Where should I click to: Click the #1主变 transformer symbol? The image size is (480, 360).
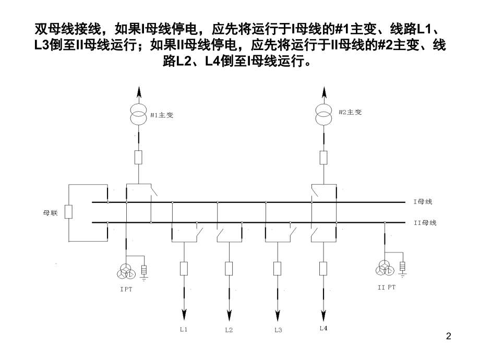139,114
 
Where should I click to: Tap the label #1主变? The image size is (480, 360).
162,115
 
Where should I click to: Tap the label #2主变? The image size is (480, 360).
350,112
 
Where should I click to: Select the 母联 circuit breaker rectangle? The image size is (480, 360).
68,212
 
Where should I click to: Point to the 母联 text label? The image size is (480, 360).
50,213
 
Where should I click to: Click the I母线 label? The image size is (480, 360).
423,202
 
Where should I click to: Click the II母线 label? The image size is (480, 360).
425,223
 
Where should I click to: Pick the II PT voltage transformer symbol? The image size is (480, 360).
385,269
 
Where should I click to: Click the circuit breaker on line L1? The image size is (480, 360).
184,269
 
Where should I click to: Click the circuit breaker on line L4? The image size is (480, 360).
323,269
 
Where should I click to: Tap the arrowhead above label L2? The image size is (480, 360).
229,315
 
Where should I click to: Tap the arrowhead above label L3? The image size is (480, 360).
278,315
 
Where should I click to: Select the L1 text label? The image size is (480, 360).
184,330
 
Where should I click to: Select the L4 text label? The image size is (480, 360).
323,329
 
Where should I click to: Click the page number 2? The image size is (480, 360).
449,337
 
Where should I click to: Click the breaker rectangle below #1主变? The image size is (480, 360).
138,158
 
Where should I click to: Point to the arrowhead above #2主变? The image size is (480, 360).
324,92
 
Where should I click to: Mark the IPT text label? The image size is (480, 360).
126,289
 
